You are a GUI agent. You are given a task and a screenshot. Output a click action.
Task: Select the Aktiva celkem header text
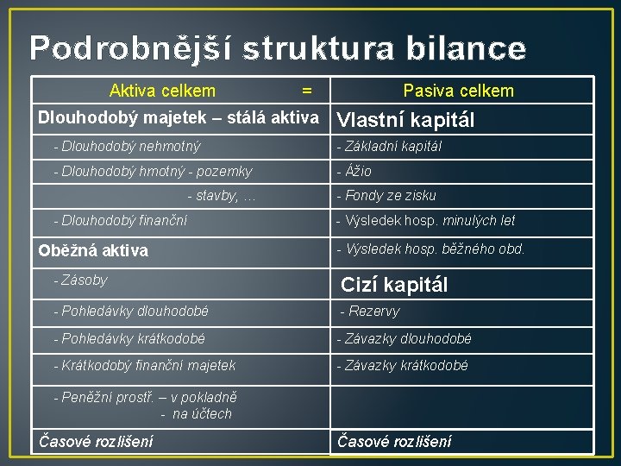pyautogui.click(x=162, y=91)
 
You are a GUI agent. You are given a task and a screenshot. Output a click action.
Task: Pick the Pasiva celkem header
pyautogui.click(x=458, y=91)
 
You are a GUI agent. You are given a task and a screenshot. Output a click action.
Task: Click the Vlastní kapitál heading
pyautogui.click(x=405, y=120)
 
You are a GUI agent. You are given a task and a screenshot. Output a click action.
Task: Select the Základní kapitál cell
pyautogui.click(x=389, y=147)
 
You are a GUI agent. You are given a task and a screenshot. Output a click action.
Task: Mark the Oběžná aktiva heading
pyautogui.click(x=93, y=250)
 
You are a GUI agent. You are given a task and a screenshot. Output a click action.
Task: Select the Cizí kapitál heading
pyautogui.click(x=394, y=284)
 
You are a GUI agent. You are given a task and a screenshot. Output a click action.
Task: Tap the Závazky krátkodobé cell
pyautogui.click(x=402, y=366)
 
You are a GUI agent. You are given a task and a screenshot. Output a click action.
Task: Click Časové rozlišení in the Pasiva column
pyautogui.click(x=394, y=442)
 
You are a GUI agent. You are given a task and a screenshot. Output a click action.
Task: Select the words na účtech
pyautogui.click(x=203, y=414)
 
